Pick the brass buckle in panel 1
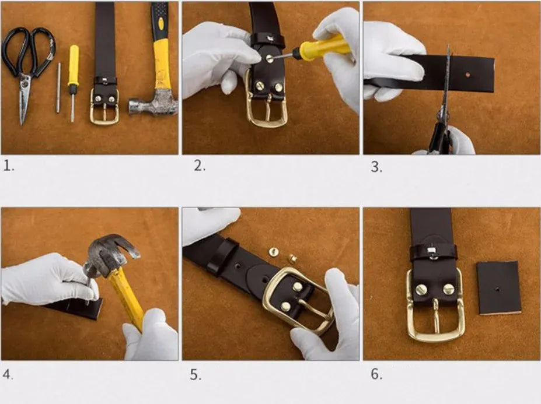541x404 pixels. pyautogui.click(x=104, y=107)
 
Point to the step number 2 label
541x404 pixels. pyautogui.click(x=200, y=166)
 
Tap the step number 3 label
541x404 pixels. pyautogui.click(x=376, y=167)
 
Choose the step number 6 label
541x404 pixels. pyautogui.click(x=376, y=374)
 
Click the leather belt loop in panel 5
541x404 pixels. pyautogui.click(x=222, y=257)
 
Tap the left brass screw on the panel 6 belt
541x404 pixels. pyautogui.click(x=421, y=289)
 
